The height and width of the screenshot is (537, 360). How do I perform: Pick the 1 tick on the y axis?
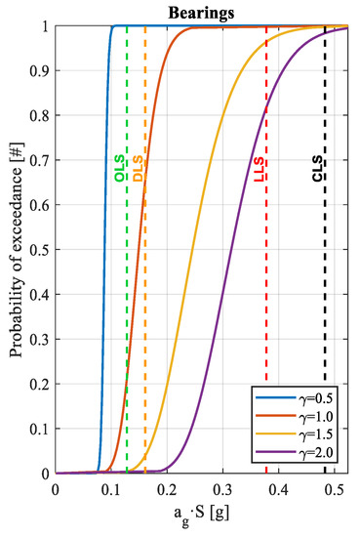point(45,26)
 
